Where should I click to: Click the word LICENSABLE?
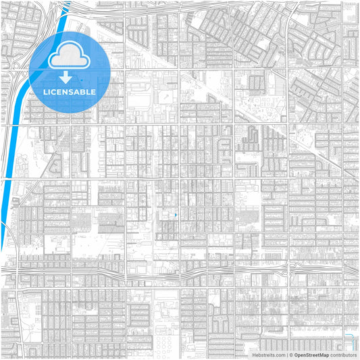tap(70, 92)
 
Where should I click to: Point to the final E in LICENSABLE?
tap(93, 92)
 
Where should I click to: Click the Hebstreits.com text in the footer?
tap(268, 355)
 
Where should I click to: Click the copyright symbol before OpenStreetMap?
tap(291, 355)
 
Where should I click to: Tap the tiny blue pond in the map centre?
tap(176, 215)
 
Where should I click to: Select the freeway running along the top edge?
tap(203, 5)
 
